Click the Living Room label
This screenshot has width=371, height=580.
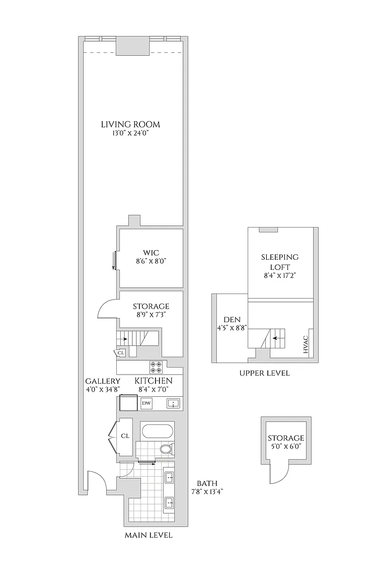(x=130, y=124)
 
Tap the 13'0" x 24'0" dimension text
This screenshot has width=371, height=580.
(x=130, y=133)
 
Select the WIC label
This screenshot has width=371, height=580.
(x=152, y=253)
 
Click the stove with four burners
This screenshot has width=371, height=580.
(x=156, y=367)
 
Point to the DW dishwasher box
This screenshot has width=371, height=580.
(x=146, y=403)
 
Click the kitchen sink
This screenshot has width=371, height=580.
(x=173, y=403)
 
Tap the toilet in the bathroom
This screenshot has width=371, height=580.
(x=166, y=449)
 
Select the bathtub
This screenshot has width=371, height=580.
(x=157, y=431)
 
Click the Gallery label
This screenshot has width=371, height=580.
(x=103, y=381)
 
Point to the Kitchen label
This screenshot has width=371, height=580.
(x=153, y=381)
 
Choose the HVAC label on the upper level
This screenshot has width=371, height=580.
(x=306, y=344)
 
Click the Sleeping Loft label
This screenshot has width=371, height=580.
(x=280, y=262)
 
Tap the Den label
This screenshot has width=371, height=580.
(x=232, y=320)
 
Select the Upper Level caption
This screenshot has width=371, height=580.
(x=264, y=373)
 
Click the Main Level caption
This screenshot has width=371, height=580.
(x=149, y=535)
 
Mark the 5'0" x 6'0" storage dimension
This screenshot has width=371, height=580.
(x=286, y=446)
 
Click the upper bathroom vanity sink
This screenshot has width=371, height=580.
(x=170, y=477)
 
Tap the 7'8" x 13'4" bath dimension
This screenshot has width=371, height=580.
(x=207, y=491)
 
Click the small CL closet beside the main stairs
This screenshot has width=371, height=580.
(x=121, y=353)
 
